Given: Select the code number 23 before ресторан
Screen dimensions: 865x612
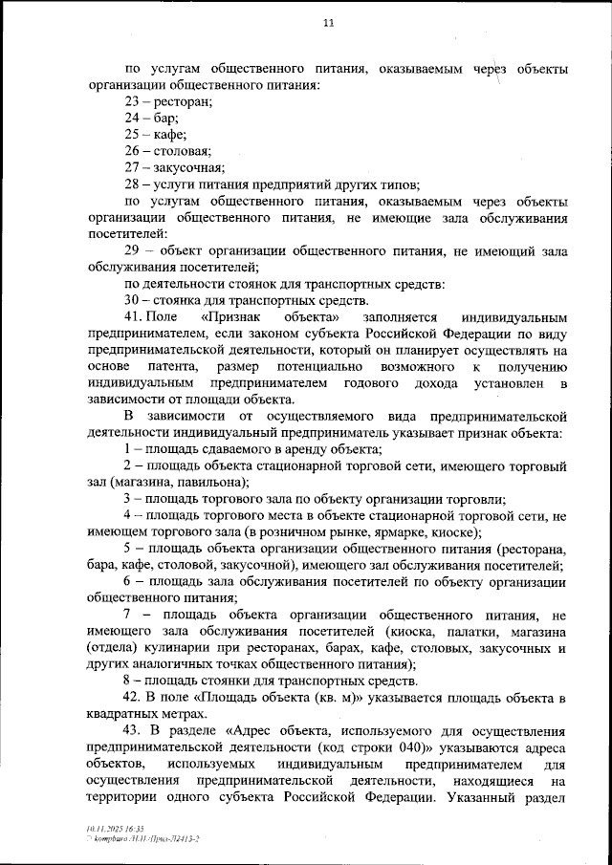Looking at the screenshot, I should coord(133,101).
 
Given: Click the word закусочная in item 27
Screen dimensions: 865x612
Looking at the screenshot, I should coord(187,167).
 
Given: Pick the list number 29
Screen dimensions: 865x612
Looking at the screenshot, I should coord(133,250).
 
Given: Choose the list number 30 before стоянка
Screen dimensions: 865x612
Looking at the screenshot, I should coord(133,300).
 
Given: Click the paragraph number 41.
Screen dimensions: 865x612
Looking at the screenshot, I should coord(135,316).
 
